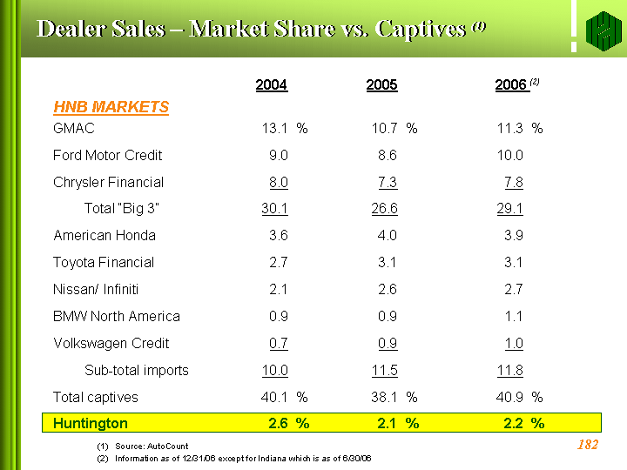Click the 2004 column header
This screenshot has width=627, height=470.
[272, 84]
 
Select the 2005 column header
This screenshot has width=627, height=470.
[382, 84]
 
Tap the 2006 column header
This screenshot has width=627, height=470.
[512, 84]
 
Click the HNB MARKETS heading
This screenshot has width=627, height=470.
[111, 107]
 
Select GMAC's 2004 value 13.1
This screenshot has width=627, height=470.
[276, 129]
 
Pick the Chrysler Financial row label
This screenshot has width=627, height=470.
[109, 183]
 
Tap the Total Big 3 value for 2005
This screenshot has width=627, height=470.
[384, 209]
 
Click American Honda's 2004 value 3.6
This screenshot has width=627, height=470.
[279, 236]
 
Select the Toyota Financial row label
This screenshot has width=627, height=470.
[104, 263]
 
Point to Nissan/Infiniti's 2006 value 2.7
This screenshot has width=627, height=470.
[514, 290]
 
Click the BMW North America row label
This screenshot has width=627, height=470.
[117, 317]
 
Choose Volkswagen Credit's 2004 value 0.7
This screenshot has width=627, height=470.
[279, 344]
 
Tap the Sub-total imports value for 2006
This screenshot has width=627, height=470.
[510, 371]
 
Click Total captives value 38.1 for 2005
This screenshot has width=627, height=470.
[384, 398]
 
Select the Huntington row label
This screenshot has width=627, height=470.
[91, 424]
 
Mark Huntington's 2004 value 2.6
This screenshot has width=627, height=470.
[279, 424]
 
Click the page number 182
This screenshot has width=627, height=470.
[588, 446]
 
